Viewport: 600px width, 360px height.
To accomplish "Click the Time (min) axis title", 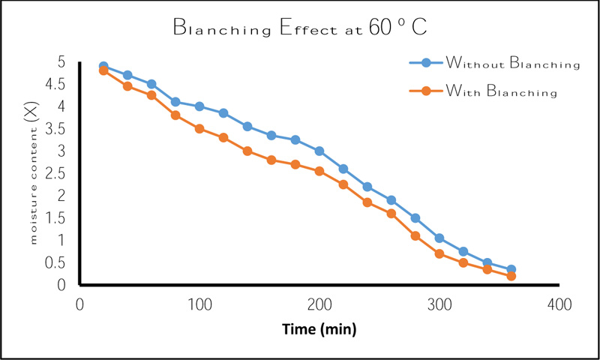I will coord(319,329).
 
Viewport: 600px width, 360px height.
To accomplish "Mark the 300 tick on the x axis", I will coord(439,305).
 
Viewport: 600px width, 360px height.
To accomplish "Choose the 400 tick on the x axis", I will coord(559,305).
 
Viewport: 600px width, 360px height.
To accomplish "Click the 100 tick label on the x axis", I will coord(199,305).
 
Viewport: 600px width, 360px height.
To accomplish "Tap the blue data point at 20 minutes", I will coord(103,67).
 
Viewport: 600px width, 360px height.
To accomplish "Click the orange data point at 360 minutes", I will coord(511,276).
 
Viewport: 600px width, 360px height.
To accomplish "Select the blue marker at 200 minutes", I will coord(319,151).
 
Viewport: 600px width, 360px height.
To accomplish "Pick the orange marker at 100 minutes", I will coord(199,129).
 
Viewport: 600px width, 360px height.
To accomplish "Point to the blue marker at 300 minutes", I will coord(439,238).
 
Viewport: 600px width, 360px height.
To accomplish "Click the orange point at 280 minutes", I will coord(415,235).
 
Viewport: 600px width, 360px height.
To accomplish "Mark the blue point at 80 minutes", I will coord(175,102).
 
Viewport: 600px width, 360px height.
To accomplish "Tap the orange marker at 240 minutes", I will coord(367,202).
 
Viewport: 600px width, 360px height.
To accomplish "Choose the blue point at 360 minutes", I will coord(511,269).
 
